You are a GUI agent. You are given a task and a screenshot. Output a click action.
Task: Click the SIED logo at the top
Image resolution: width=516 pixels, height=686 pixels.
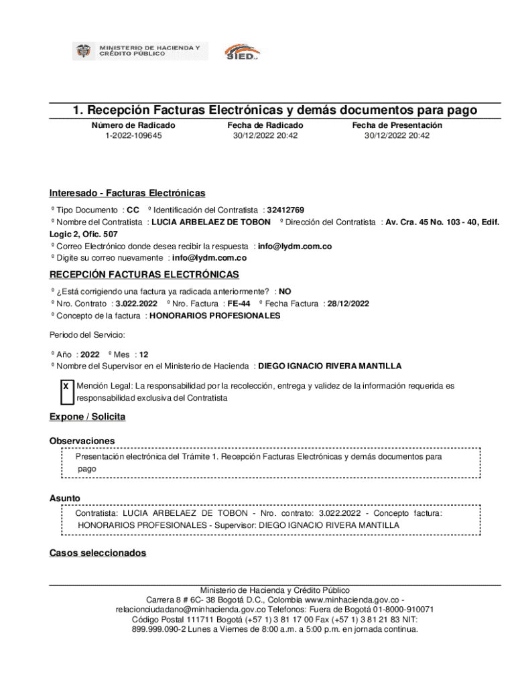(x=241, y=52)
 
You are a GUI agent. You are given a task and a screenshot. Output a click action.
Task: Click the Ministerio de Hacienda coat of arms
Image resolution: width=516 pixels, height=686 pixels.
(x=83, y=51)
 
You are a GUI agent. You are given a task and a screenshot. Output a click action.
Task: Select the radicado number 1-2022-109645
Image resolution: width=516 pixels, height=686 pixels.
(x=133, y=136)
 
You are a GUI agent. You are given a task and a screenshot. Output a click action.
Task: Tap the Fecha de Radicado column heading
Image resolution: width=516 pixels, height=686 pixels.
(x=265, y=125)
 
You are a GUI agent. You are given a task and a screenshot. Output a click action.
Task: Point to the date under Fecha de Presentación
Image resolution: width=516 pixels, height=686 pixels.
(x=397, y=136)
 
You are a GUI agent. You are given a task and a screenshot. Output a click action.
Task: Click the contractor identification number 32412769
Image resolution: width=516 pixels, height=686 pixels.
(x=285, y=210)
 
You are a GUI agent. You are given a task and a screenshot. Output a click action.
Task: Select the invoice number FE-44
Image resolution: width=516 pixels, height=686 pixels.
(x=239, y=303)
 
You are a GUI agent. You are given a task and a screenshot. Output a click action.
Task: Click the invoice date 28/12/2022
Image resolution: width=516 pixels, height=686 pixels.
(x=348, y=303)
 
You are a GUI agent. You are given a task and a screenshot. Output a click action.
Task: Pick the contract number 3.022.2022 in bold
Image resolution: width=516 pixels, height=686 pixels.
(x=136, y=303)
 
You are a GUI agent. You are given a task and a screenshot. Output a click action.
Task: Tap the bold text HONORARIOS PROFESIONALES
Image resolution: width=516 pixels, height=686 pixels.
(x=215, y=316)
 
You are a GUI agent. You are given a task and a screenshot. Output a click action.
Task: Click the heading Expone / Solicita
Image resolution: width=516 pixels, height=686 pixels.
(x=87, y=417)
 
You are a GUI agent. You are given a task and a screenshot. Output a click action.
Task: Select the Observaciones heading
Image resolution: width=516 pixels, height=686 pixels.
(x=82, y=441)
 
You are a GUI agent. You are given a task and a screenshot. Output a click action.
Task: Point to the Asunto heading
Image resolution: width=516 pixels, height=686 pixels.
(x=64, y=498)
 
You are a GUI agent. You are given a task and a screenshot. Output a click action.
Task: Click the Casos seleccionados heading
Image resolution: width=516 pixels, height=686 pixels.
(x=97, y=553)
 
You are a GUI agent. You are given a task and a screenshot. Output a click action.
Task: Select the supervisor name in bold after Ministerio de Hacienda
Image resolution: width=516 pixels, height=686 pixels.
(x=330, y=366)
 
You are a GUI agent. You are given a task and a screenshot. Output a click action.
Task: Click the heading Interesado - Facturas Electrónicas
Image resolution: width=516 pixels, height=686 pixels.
(x=127, y=194)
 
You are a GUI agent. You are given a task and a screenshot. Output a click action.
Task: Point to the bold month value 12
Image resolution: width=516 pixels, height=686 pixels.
(x=144, y=354)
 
